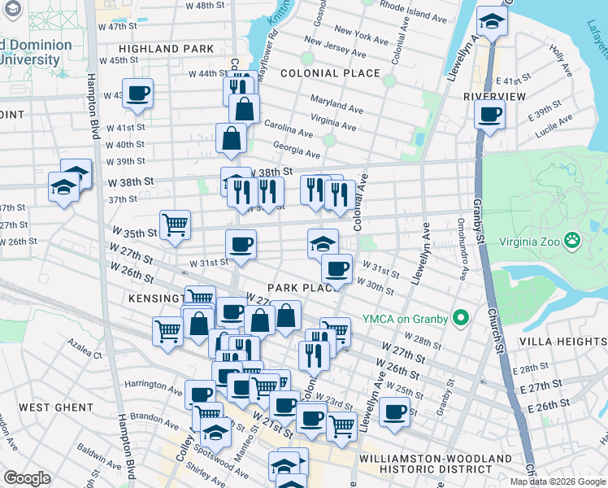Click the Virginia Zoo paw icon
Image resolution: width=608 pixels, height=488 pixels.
(x=574, y=240)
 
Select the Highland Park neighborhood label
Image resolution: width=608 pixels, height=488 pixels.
(x=160, y=49)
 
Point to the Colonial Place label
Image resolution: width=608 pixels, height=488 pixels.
(x=330, y=73)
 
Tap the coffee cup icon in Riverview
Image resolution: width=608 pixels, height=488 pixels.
(x=489, y=113)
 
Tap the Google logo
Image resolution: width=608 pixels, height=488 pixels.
(x=27, y=478)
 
